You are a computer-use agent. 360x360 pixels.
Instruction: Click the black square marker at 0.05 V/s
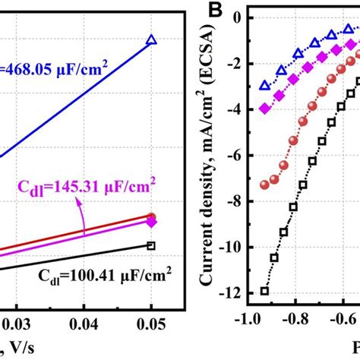coord(151,245)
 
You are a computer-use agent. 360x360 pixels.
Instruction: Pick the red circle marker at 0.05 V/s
coord(151,216)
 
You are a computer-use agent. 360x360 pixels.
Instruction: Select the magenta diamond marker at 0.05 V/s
coord(151,223)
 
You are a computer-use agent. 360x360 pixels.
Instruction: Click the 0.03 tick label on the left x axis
coord(17,325)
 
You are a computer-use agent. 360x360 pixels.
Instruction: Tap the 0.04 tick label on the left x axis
coord(84,325)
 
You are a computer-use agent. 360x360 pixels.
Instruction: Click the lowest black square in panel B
coord(264,291)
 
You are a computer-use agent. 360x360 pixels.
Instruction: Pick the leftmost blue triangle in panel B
coord(264,86)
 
